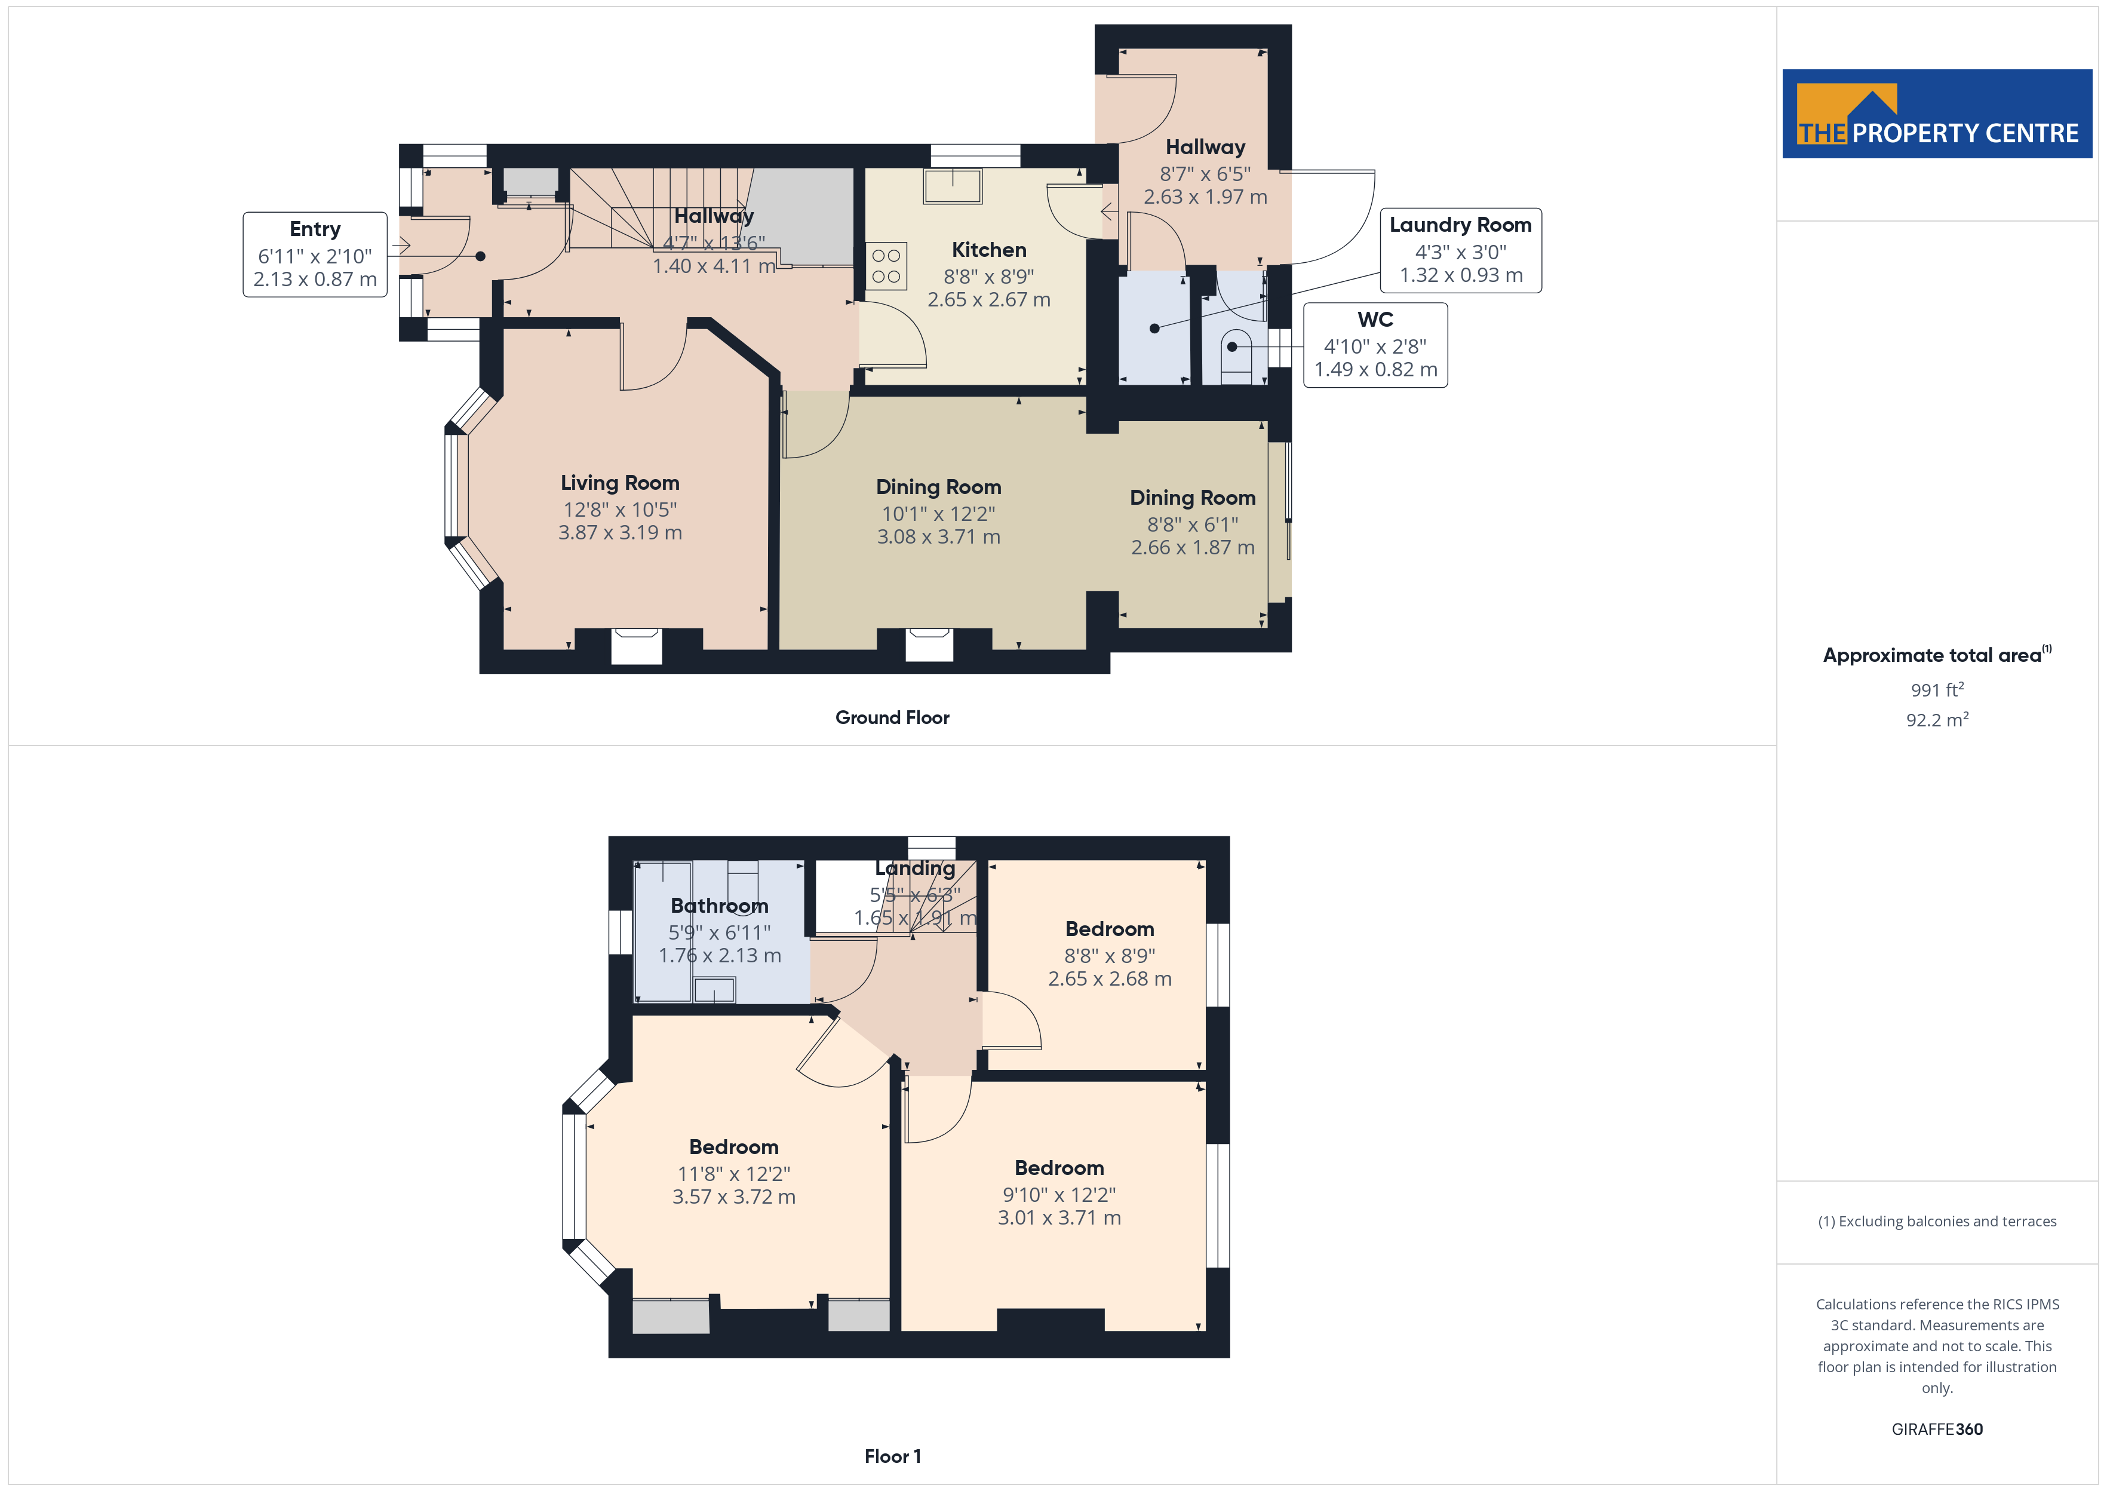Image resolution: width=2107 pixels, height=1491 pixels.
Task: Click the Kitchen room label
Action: coord(988,250)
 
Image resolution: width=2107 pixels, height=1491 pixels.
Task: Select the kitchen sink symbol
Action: coord(953,186)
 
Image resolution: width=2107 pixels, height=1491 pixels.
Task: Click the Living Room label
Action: coord(621,483)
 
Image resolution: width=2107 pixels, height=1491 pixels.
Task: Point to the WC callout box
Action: coord(1375,345)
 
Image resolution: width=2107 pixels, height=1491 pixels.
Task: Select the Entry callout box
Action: coord(315,254)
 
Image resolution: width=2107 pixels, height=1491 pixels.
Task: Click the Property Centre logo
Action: coord(1937,114)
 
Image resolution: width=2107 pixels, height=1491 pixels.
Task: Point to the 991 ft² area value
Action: coord(1937,689)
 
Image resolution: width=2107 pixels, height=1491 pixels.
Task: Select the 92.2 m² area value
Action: coord(1937,720)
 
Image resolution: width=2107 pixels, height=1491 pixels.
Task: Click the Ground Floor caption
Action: coord(892,718)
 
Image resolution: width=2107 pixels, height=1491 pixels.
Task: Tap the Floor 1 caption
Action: coord(892,1456)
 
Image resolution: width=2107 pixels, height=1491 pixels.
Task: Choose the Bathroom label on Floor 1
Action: coord(720,906)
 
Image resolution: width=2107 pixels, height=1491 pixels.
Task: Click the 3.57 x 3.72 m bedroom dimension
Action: coord(734,1197)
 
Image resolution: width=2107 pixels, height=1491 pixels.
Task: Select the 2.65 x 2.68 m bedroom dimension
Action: coord(1110,978)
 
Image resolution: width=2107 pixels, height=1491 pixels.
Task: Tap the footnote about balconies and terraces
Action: coord(1937,1221)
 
